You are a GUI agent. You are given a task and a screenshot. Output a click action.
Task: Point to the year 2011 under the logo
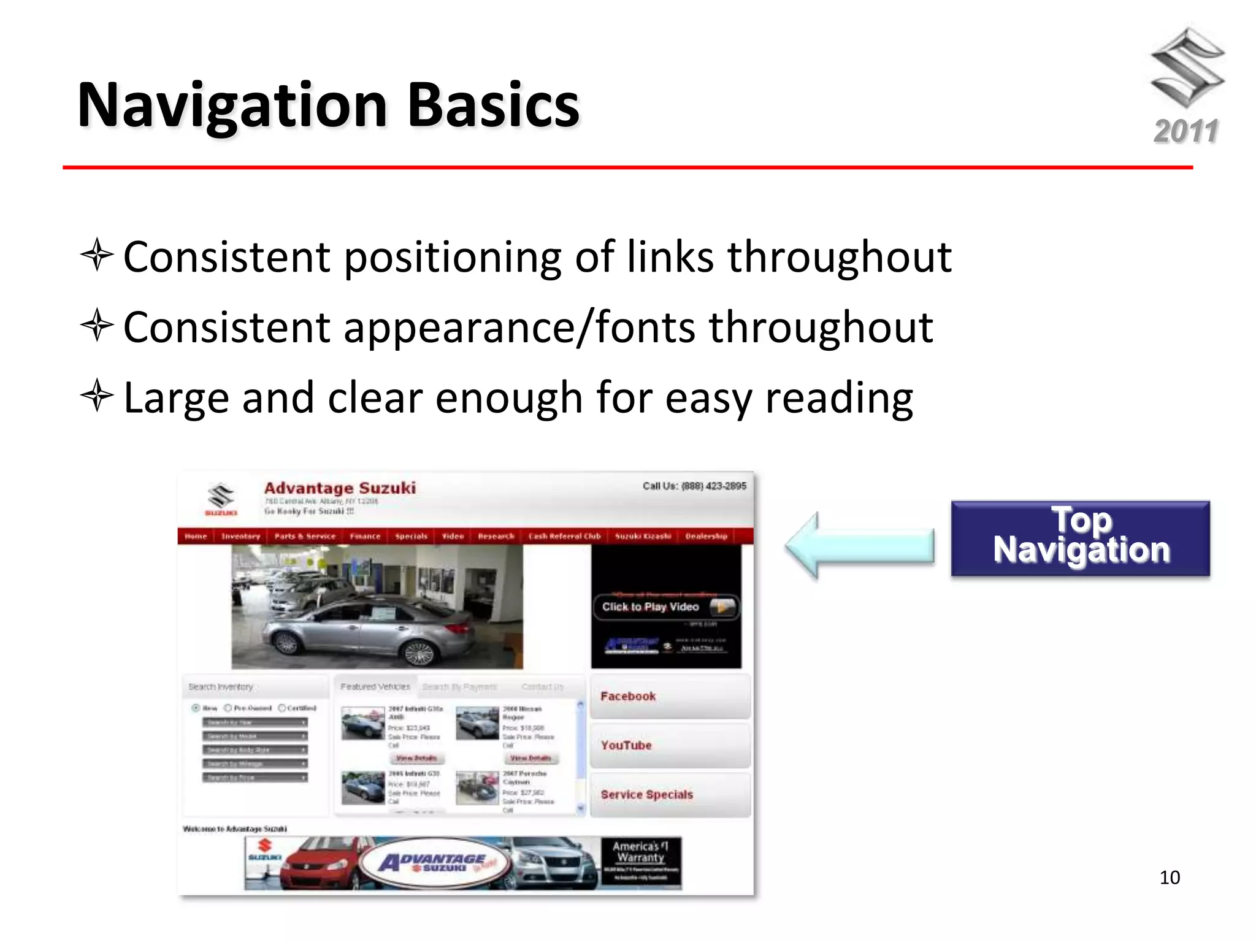point(1186,131)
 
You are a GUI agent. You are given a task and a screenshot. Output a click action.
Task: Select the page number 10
point(1170,878)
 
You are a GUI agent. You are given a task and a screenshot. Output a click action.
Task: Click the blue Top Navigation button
point(1080,538)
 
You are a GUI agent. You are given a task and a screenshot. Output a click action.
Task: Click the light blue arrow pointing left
point(859,545)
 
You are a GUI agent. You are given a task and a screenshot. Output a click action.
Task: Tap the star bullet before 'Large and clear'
point(97,396)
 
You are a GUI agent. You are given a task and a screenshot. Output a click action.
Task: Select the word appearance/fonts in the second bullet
point(519,327)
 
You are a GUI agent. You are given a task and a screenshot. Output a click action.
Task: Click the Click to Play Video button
point(665,607)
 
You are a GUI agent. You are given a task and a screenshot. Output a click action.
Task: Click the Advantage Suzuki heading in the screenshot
point(340,488)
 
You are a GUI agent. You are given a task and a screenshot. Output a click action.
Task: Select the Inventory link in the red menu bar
point(240,536)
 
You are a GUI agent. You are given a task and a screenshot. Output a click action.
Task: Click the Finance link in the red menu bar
point(365,536)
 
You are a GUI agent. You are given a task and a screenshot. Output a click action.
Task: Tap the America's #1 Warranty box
point(641,862)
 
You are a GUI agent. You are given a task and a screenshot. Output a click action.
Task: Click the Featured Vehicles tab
point(375,687)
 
